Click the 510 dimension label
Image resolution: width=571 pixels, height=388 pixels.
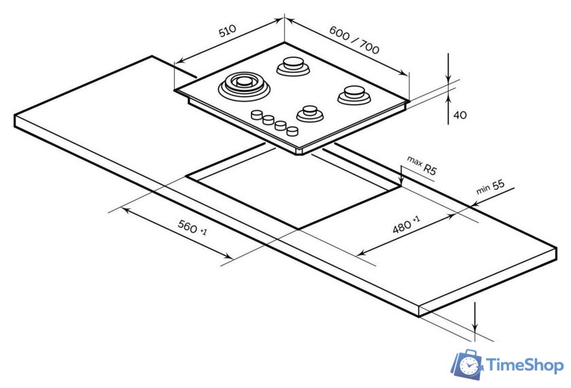tap(227, 31)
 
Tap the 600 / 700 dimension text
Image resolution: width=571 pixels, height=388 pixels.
tap(354, 39)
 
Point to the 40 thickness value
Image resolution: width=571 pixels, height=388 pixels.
tap(460, 115)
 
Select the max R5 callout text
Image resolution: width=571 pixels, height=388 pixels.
tap(421, 165)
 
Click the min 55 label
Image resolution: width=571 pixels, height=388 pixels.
tap(490, 187)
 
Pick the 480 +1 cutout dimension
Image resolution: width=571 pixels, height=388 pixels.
tap(406, 224)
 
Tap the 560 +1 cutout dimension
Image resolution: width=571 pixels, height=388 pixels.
tap(192, 227)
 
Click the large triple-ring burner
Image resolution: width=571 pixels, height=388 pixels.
tap(244, 86)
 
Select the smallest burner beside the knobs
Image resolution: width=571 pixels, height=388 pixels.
tap(310, 113)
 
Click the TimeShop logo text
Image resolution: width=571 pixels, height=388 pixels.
tap(525, 366)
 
